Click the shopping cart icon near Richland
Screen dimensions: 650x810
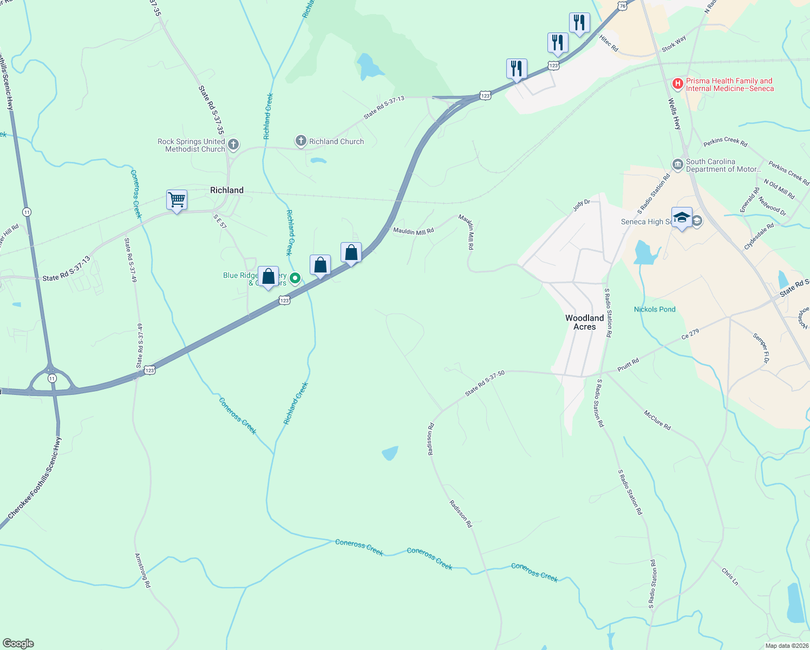point(177,200)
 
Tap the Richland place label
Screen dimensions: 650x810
point(226,190)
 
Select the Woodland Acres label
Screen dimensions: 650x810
point(584,322)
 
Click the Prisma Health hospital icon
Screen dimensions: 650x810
point(677,84)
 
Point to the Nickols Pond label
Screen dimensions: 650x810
point(655,309)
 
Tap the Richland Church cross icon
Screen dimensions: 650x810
point(301,141)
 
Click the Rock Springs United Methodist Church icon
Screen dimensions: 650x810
point(233,144)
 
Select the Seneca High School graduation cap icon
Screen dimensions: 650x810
point(682,218)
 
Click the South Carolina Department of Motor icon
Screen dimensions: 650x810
point(677,165)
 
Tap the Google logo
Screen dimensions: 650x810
point(18,643)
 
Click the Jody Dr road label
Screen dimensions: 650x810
point(582,205)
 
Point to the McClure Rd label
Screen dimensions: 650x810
point(657,420)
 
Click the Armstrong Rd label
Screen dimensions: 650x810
point(143,570)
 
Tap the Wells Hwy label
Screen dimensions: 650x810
point(674,114)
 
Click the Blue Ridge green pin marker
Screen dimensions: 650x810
point(295,278)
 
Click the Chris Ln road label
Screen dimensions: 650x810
point(729,576)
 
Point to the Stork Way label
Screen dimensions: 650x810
point(674,43)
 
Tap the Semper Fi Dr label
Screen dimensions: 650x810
point(761,348)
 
